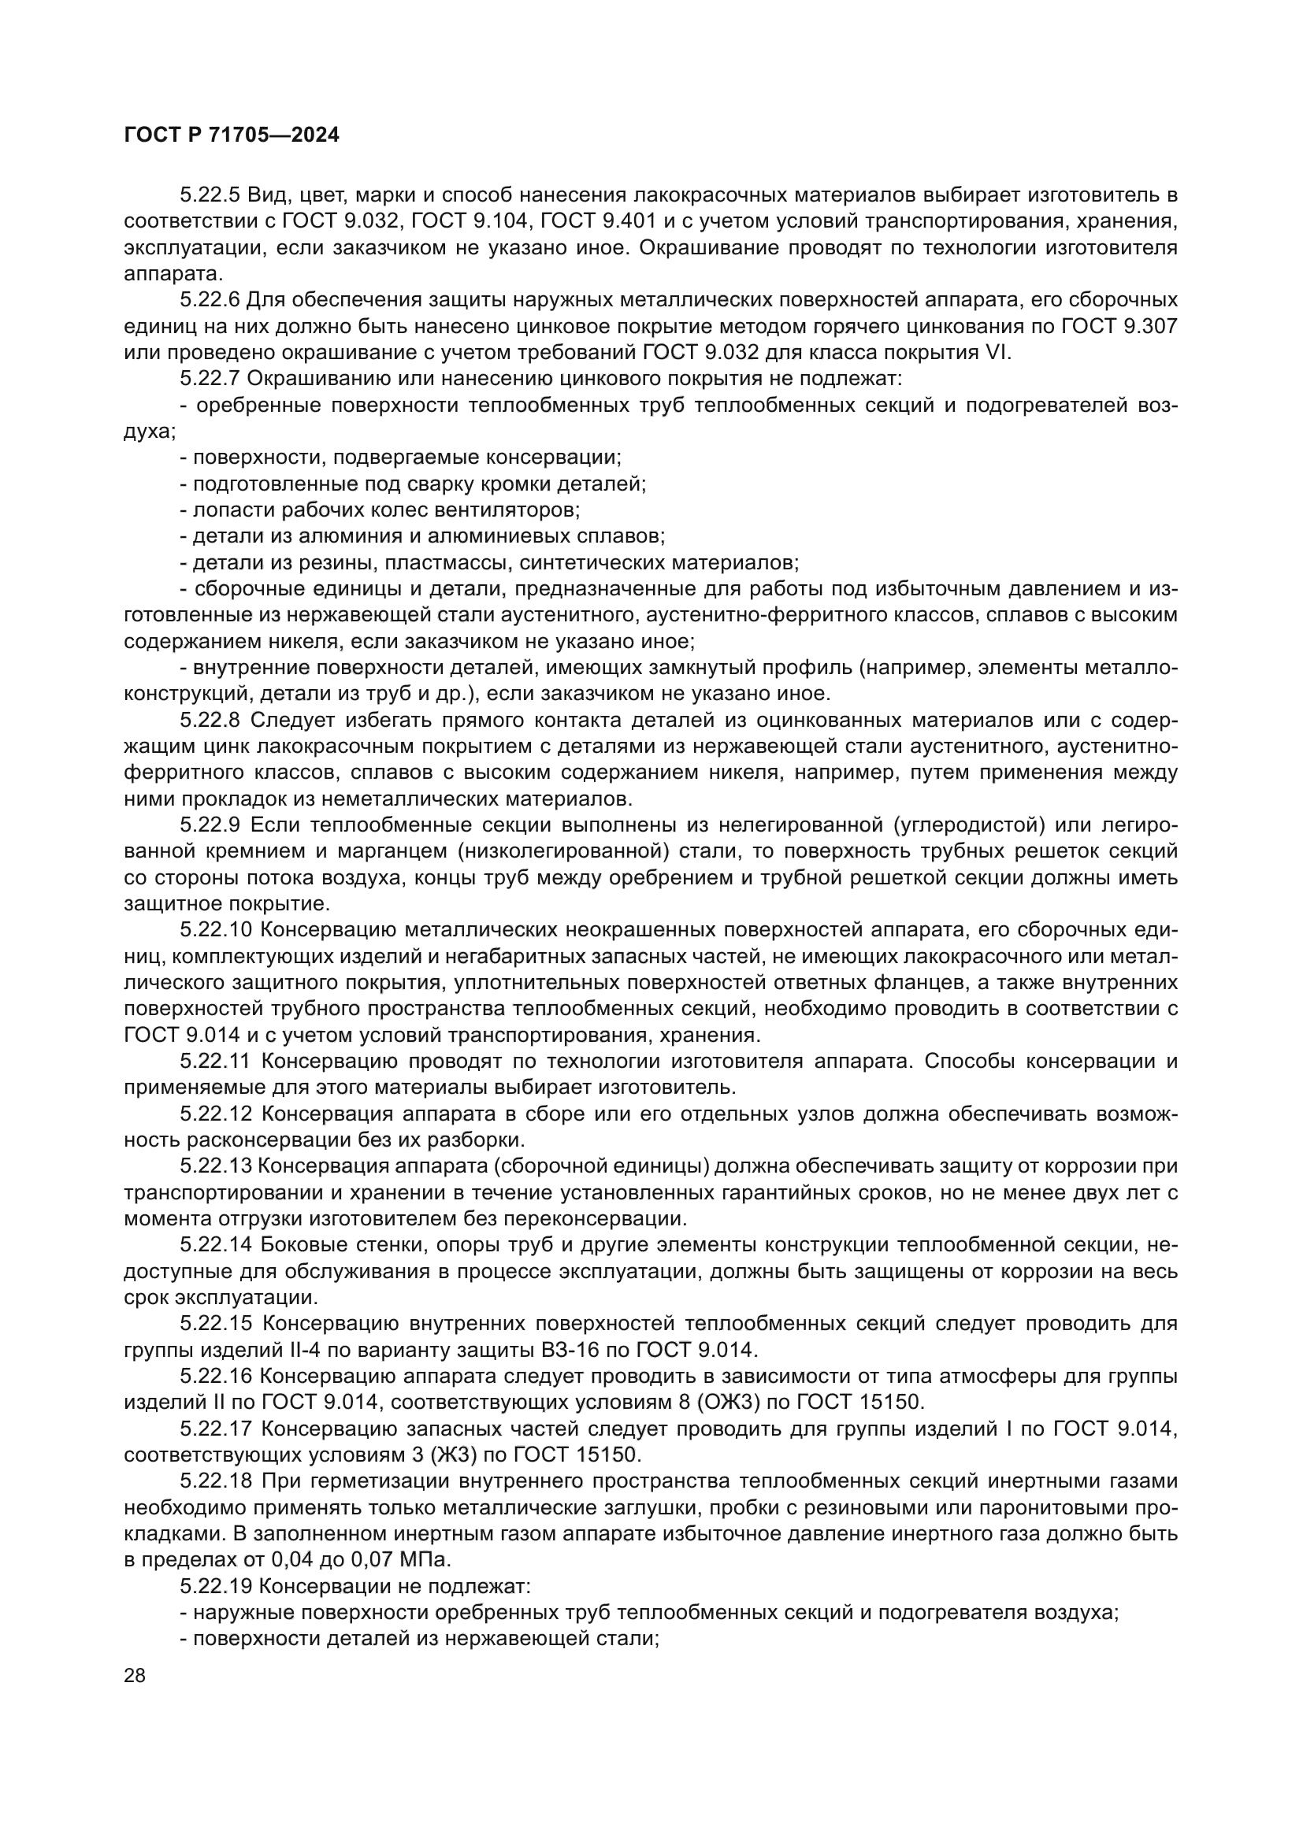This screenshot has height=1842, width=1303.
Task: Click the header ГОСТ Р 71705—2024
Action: click(232, 135)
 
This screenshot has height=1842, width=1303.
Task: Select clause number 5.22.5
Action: click(210, 195)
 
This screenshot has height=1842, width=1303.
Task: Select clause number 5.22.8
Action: click(210, 721)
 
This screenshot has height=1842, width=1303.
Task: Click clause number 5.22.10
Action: click(215, 931)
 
